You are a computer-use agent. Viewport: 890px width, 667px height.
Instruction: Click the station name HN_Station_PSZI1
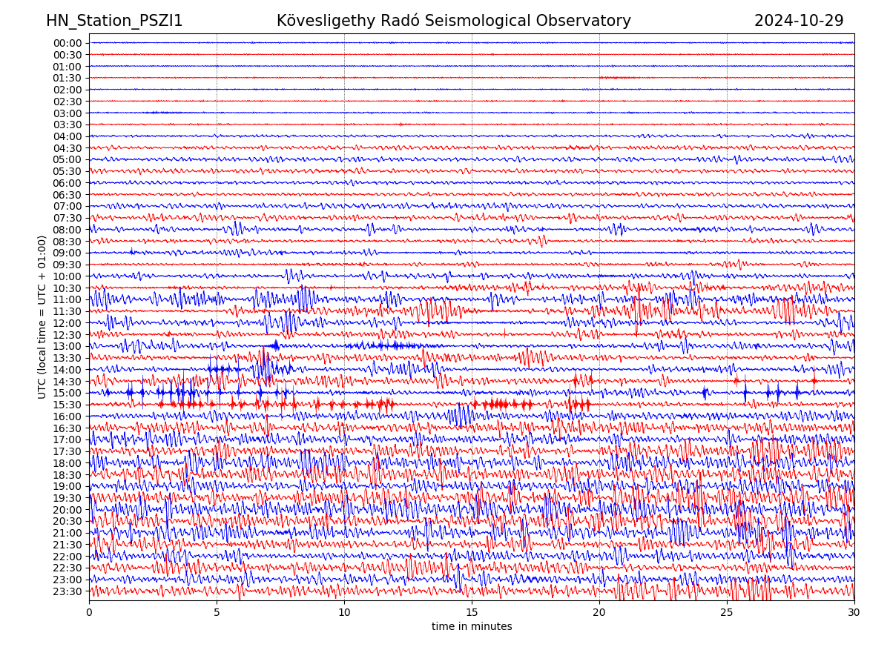114,21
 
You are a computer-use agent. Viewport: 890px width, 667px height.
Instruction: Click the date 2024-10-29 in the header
799,21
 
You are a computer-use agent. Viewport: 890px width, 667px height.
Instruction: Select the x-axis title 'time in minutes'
472,627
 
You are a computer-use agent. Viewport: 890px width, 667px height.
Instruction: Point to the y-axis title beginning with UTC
42,317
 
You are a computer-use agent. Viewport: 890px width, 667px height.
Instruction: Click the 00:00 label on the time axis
67,43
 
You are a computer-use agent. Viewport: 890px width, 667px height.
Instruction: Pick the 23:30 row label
67,591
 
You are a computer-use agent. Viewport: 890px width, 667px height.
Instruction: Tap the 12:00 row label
67,323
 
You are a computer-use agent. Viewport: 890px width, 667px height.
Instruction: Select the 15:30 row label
67,405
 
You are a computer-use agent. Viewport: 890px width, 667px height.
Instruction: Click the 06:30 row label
67,195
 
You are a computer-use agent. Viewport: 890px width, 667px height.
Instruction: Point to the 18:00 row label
67,463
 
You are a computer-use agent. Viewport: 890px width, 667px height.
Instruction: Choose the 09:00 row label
67,253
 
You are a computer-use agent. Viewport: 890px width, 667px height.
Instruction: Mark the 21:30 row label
67,545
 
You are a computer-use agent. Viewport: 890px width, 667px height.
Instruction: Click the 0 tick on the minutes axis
89,613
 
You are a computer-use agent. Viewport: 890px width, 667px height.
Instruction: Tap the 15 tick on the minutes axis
472,613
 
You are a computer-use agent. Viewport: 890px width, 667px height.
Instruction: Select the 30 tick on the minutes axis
854,613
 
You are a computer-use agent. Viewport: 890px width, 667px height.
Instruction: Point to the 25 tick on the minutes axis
727,613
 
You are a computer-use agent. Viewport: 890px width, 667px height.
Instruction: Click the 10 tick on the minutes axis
344,613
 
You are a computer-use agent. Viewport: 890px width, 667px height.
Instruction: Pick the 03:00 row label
67,113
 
